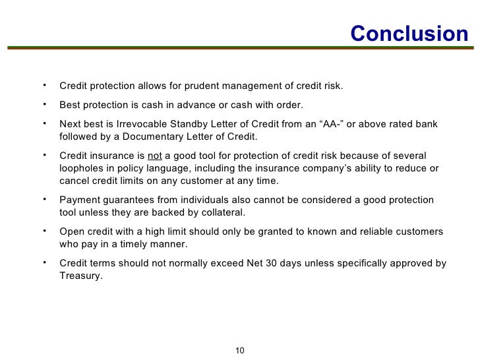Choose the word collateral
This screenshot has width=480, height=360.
(x=222, y=212)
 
